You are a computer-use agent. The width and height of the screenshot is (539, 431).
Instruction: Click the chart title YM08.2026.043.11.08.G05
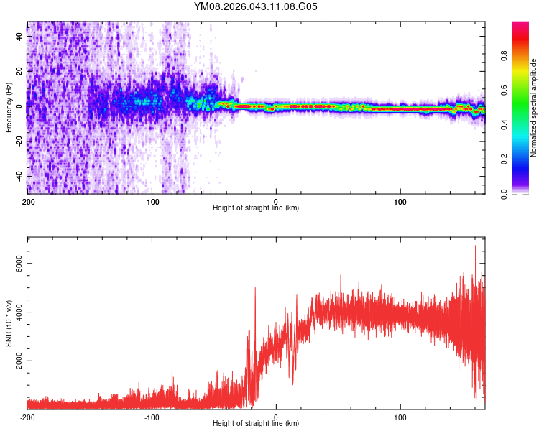[256, 6]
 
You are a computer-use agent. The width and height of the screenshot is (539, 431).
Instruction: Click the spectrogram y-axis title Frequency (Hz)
[9, 108]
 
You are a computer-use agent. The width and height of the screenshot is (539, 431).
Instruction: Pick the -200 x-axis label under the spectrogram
[27, 200]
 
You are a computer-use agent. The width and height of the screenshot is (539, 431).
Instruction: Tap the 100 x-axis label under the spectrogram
[400, 200]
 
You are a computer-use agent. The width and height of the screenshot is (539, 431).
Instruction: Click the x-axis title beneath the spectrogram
[256, 208]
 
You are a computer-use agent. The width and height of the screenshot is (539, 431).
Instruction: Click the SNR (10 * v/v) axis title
[9, 323]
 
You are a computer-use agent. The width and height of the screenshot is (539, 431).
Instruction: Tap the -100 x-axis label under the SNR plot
[152, 417]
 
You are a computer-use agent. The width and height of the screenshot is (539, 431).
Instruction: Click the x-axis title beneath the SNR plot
[256, 423]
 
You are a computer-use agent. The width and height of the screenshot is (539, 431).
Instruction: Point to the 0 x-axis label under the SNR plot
[276, 417]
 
